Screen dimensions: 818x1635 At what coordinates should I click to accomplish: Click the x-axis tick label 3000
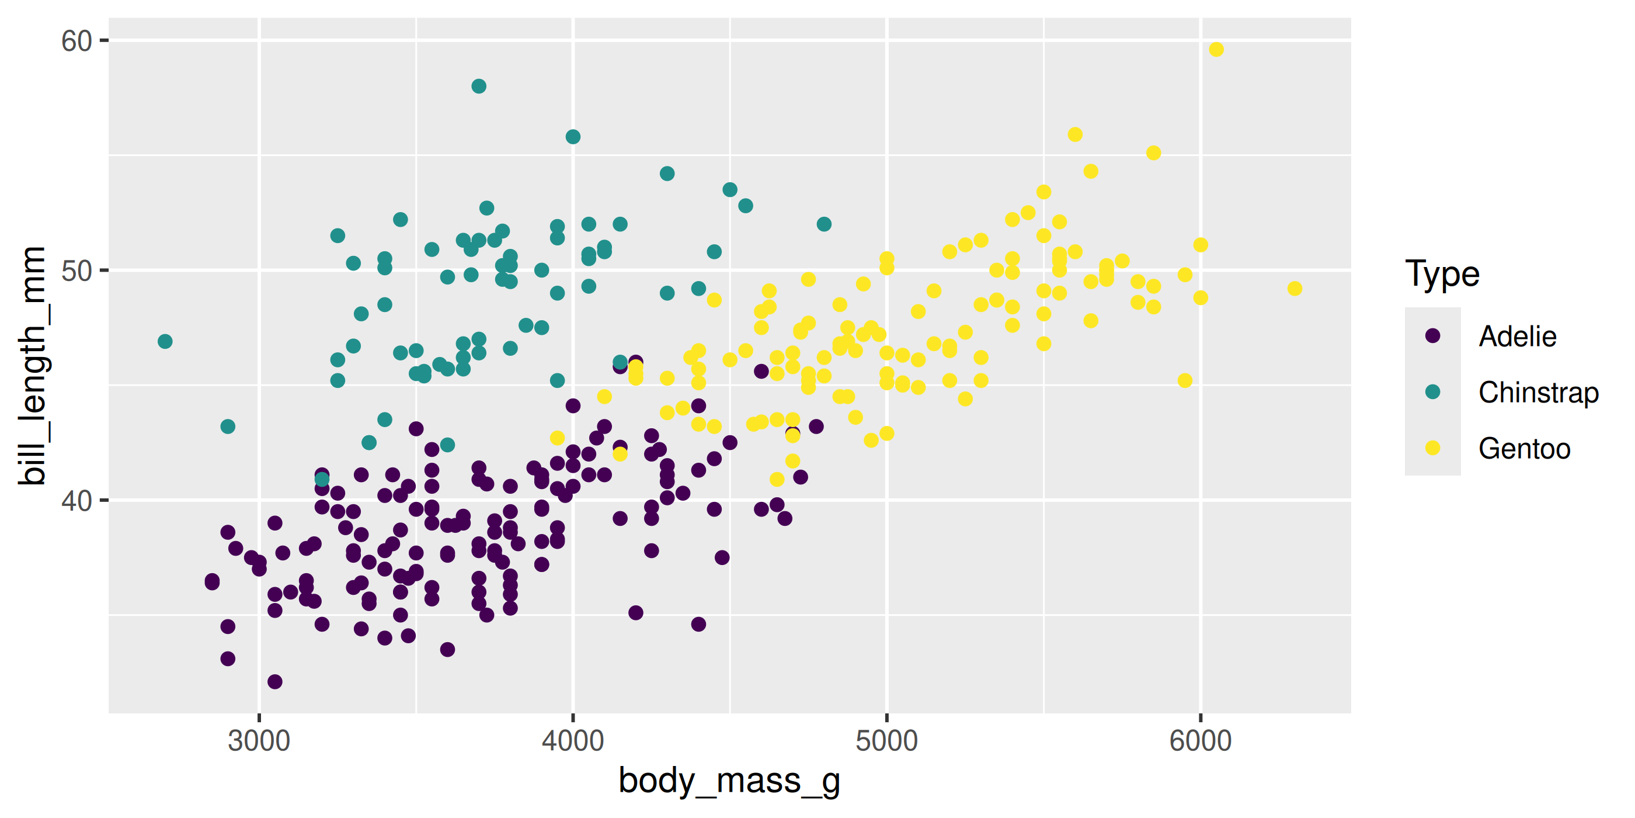coord(258,741)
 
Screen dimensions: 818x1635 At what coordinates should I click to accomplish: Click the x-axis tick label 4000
coord(572,741)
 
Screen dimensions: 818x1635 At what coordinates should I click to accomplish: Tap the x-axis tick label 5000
coord(886,741)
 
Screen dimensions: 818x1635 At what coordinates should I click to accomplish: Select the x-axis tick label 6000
coord(1200,741)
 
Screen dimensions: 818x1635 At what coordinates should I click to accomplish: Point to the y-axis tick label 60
coord(76,41)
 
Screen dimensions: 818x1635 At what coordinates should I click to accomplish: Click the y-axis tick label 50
coord(76,271)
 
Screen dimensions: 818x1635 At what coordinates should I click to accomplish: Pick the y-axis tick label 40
coord(76,501)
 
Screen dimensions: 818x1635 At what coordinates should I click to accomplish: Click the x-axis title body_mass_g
coord(729,781)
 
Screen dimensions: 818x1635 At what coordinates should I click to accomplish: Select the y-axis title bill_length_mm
coord(32,366)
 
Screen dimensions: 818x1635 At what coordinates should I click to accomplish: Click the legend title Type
coord(1442,275)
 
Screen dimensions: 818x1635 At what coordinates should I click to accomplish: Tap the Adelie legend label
coord(1518,337)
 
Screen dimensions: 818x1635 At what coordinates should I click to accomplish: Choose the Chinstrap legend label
coord(1539,393)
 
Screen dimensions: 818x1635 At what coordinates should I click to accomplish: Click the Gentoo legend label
coord(1525,449)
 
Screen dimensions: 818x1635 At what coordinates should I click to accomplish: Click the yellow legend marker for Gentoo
coord(1432,448)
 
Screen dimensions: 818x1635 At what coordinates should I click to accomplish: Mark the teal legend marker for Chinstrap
coord(1432,392)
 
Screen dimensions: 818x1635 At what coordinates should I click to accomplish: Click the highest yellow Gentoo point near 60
coord(1216,50)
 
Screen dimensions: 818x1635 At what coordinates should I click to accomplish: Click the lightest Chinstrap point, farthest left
coord(165,342)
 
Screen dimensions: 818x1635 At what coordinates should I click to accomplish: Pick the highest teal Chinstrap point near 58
coord(479,86)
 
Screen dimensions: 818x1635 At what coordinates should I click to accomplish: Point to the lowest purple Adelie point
coord(275,682)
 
